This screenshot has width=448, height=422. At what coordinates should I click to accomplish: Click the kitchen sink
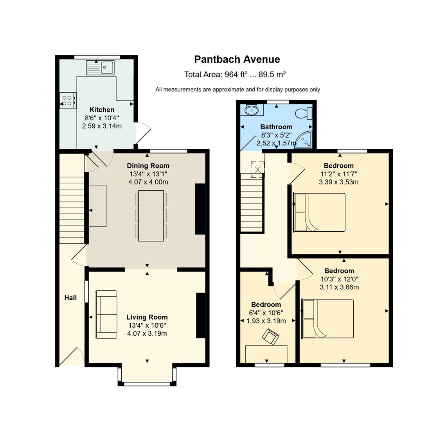[100, 67]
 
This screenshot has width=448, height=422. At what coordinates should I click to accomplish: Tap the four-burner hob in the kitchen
[68, 100]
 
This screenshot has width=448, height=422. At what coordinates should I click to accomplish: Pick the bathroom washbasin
[252, 109]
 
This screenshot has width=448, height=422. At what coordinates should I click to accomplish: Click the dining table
[151, 216]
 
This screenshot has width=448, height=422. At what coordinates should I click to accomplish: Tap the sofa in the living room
[106, 315]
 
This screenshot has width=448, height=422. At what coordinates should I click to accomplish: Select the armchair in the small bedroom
[270, 336]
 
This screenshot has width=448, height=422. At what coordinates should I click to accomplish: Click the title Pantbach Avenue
[237, 59]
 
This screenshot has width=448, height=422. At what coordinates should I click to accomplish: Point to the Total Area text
[235, 75]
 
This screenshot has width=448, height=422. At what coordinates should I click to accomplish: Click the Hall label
[70, 298]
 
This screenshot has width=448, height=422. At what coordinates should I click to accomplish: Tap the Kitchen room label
[102, 109]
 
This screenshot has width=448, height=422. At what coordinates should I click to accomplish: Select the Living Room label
[147, 317]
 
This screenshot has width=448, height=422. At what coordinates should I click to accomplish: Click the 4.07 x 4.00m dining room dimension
[148, 182]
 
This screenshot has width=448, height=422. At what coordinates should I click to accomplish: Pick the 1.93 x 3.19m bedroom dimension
[266, 321]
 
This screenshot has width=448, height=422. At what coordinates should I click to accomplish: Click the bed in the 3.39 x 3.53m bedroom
[320, 212]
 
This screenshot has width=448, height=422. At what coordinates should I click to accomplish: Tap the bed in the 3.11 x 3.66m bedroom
[328, 319]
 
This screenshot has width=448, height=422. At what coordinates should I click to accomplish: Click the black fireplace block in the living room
[201, 315]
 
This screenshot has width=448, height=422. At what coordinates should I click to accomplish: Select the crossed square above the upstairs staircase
[257, 170]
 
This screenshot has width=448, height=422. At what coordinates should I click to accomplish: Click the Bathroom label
[276, 127]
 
